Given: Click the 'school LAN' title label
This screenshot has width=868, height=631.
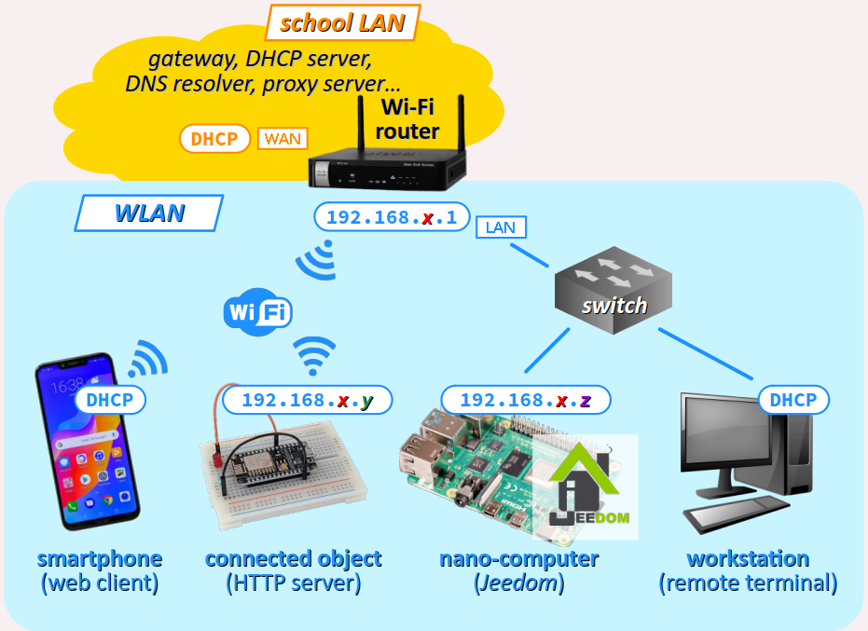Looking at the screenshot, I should coord(342,22).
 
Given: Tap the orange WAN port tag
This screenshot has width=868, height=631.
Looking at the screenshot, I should coord(282,139).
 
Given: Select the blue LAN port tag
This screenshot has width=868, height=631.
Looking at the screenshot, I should coord(501,227).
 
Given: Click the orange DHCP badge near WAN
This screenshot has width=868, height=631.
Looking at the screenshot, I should coord(214,139).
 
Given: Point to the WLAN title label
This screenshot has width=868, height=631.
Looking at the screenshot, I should coord(149,213).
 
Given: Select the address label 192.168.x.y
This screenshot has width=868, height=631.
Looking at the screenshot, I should coord(307,400).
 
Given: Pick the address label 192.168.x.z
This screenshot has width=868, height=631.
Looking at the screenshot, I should coord(526,400).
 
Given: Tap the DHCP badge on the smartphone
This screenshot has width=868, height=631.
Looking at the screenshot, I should coord(109,400).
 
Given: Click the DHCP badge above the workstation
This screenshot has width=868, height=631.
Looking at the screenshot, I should coord(792,400).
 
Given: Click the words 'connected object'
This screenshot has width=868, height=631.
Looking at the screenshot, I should coord(293,559).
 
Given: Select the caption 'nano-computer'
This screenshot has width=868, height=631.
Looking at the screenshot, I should coord(518,559).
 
